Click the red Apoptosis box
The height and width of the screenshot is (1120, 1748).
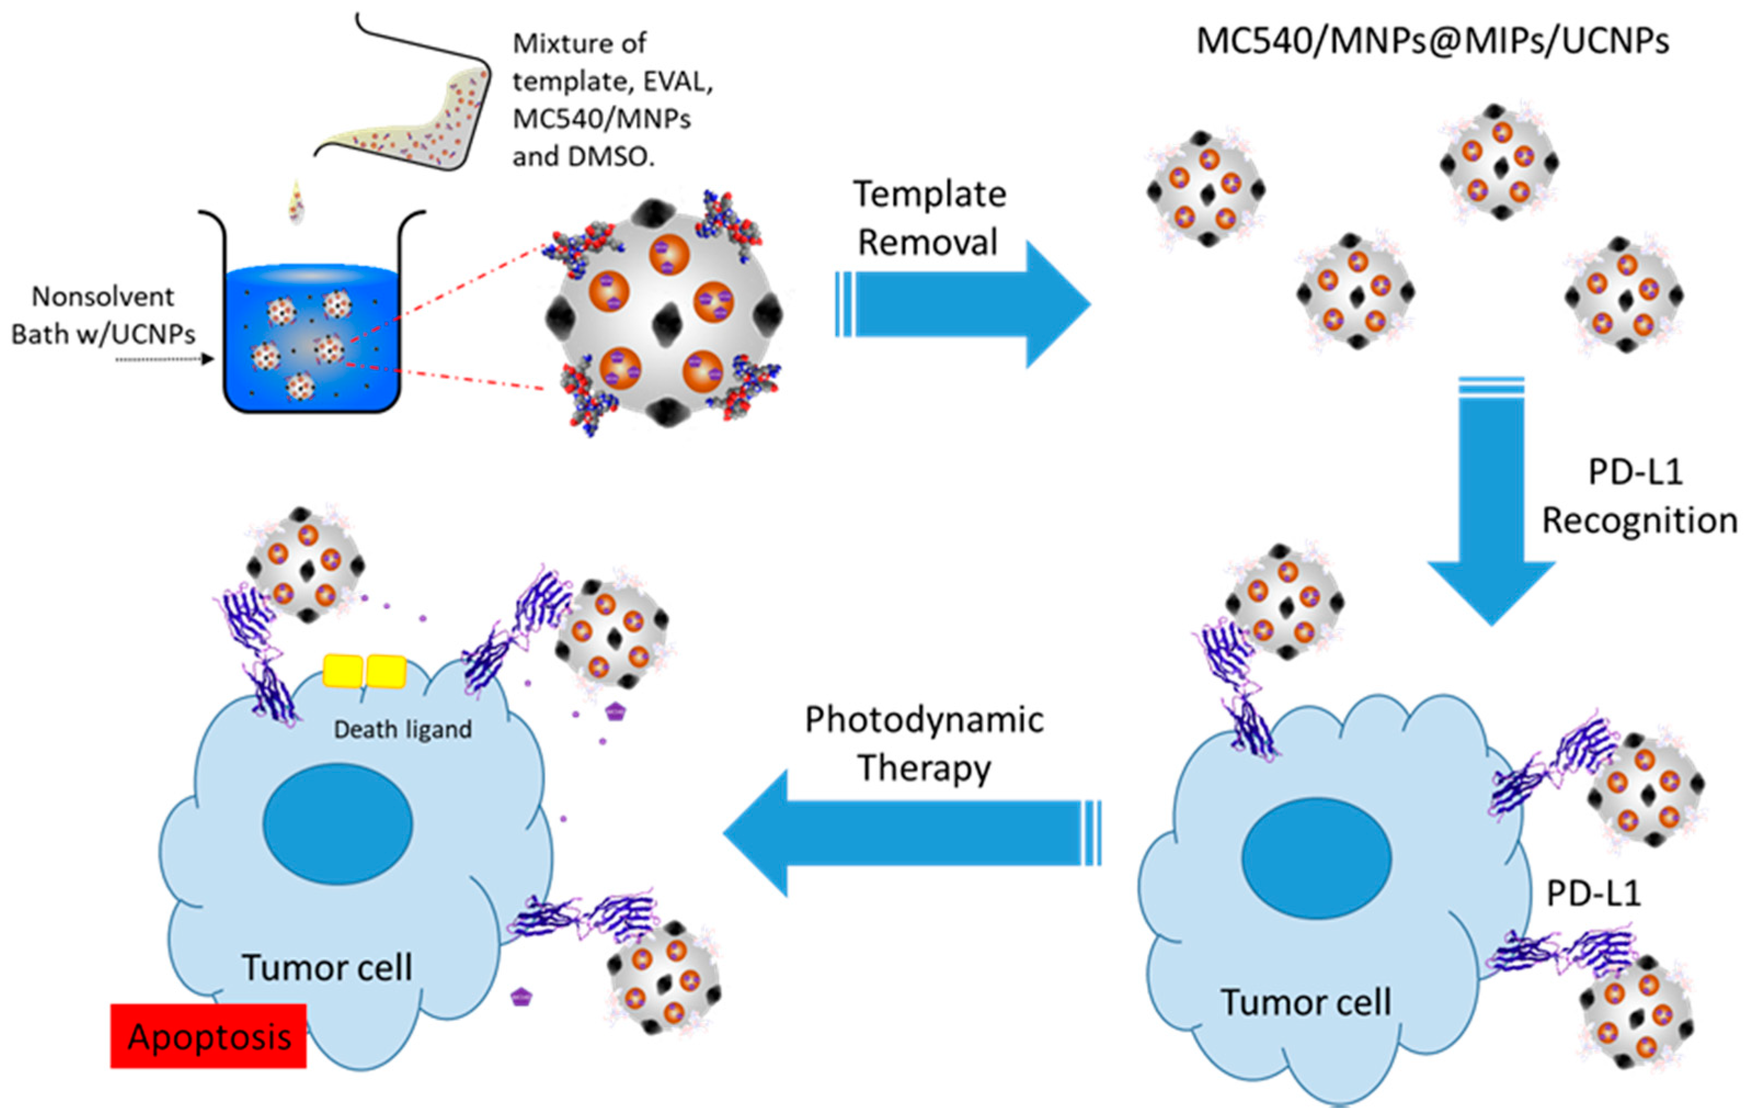[208, 1036]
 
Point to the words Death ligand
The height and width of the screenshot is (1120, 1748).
[402, 729]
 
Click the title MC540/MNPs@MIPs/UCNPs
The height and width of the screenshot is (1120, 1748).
[1432, 42]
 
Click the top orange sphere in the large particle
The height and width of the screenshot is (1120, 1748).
[668, 254]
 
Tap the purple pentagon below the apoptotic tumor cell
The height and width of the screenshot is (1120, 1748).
[520, 996]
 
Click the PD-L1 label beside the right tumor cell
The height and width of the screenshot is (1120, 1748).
[1593, 894]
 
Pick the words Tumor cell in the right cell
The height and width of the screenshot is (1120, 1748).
[1305, 1002]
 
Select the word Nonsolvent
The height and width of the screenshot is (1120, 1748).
[102, 297]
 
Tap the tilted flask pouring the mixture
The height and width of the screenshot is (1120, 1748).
[407, 109]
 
